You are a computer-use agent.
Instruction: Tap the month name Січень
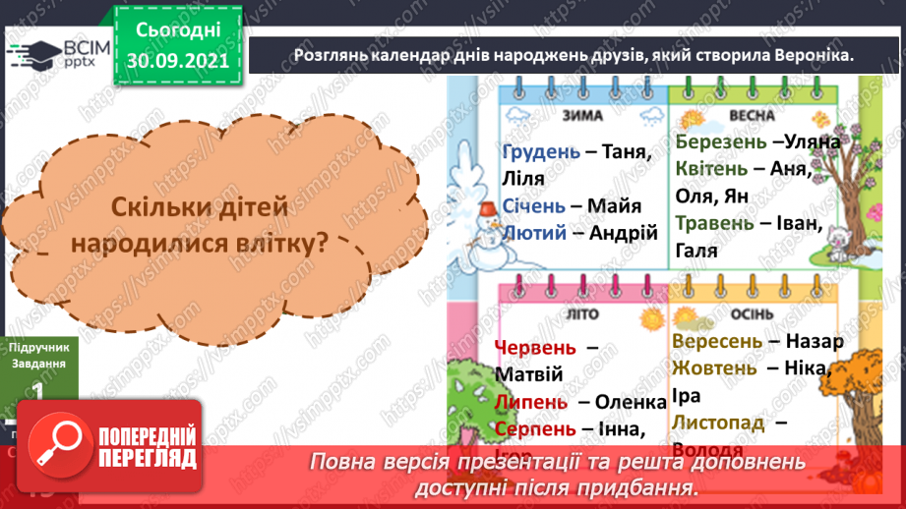(533, 206)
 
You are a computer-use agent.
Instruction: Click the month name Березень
(721, 141)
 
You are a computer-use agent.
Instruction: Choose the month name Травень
(715, 223)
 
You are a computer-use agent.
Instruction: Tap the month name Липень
(532, 402)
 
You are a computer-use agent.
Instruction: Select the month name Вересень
(717, 342)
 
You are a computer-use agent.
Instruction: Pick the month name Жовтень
(715, 368)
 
